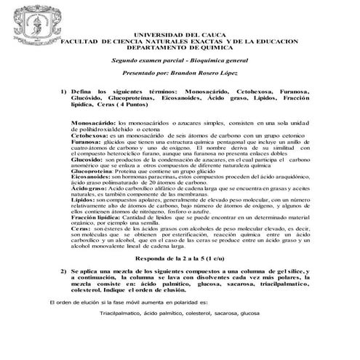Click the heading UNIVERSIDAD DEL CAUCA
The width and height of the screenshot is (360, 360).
pyautogui.click(x=191, y=34)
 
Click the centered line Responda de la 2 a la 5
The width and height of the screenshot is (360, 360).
pyautogui.click(x=191, y=259)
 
